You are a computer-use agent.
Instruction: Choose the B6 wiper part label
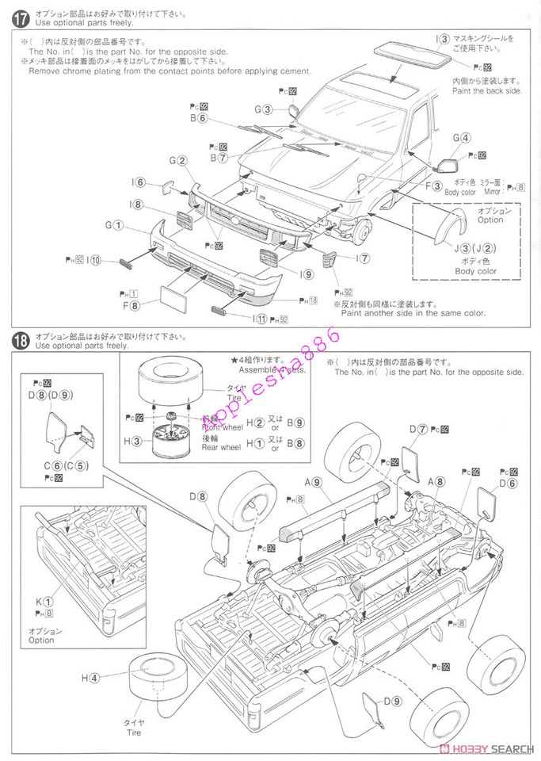[198, 119]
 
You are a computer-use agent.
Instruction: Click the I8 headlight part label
[137, 205]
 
